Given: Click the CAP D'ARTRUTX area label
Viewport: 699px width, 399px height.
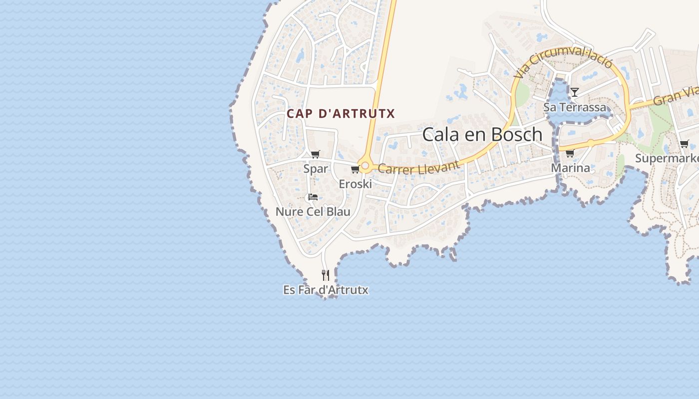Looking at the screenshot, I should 341,114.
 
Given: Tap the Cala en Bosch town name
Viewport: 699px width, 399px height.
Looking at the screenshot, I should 482,135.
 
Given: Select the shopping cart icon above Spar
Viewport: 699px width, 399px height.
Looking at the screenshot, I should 315,154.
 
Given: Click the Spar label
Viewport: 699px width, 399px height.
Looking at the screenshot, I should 316,169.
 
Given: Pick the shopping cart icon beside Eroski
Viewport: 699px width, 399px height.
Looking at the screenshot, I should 355,170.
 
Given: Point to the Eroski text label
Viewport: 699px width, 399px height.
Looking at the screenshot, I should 355,184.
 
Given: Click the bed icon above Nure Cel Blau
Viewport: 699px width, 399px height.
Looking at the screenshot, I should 313,197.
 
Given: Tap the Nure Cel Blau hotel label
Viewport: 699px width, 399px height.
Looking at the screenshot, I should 313,211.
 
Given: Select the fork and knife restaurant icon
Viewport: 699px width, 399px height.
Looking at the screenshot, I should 326,275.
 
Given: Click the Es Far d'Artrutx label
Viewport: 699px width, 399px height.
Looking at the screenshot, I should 326,290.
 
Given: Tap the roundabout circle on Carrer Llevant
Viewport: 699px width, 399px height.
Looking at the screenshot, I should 365,166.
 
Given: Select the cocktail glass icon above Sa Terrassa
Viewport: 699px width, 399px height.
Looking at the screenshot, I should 575,92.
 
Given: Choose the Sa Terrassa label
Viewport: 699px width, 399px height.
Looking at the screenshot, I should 575,107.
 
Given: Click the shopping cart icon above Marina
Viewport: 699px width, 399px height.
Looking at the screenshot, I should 570,153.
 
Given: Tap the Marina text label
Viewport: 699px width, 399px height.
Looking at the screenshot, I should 570,168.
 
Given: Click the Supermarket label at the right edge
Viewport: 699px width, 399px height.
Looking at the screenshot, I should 667,159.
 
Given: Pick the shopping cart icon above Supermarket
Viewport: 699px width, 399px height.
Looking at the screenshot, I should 684,144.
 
